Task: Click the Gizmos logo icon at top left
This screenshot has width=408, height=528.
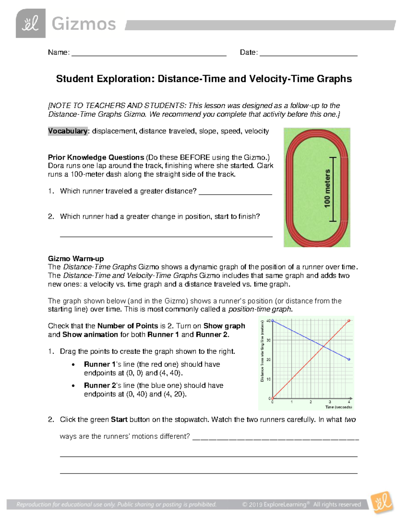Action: [31, 23]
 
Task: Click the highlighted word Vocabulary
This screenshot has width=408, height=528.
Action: [68, 131]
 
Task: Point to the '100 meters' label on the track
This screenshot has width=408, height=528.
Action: [327, 189]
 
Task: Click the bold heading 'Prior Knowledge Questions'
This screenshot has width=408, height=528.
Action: [96, 157]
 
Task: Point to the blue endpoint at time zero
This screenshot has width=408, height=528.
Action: [273, 321]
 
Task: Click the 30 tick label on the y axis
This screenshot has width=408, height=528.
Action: [269, 340]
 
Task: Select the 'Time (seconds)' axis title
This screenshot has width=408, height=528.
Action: [338, 407]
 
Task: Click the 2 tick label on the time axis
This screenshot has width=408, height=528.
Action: [311, 402]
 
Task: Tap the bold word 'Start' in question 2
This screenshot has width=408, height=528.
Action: [119, 420]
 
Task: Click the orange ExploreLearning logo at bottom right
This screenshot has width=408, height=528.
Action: [382, 503]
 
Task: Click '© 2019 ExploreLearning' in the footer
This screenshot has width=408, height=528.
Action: [276, 505]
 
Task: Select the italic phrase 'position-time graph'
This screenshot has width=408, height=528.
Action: [260, 309]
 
